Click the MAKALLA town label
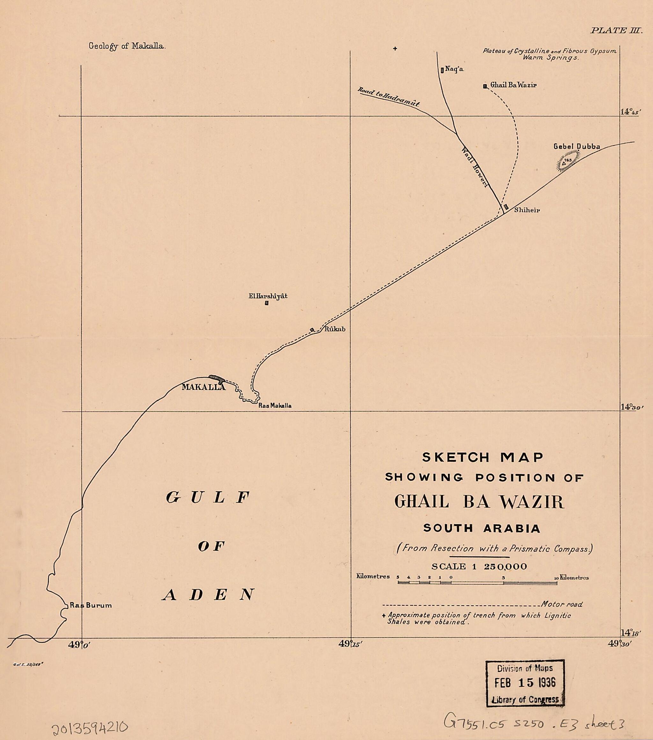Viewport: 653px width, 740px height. coord(203,387)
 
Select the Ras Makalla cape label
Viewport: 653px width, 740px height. coord(275,406)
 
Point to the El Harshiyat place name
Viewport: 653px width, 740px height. coord(268,296)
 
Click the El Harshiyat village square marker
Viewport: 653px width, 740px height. coord(267,303)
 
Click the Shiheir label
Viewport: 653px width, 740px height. coord(527,210)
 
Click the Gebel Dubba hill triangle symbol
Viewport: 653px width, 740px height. coord(564,163)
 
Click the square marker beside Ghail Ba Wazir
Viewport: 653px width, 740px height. coord(485,86)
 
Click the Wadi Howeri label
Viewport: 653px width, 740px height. coord(475,167)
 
